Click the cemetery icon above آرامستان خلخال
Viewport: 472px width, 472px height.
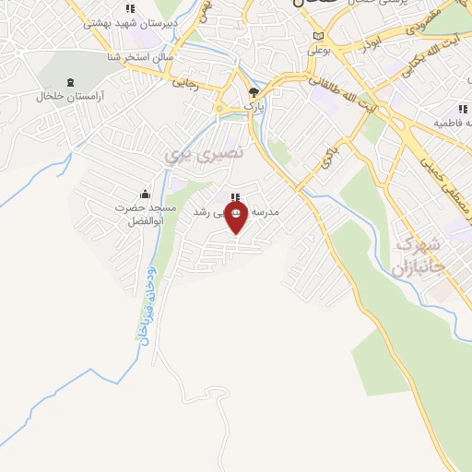point(68,81)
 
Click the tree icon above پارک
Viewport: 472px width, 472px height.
point(254,92)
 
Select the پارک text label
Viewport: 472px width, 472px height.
point(254,107)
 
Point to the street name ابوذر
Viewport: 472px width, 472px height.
point(378,43)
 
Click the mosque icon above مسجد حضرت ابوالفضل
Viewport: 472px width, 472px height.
point(145,194)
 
